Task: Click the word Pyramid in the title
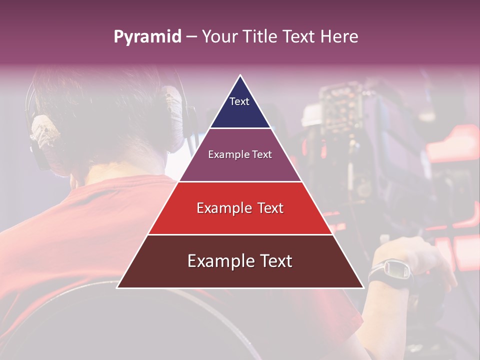pos(147,37)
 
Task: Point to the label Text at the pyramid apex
pos(239,101)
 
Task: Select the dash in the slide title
pos(191,37)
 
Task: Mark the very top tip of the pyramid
pos(240,75)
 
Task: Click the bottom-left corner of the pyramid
pos(117,287)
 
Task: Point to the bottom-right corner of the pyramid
pos(363,287)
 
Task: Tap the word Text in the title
pos(297,37)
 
